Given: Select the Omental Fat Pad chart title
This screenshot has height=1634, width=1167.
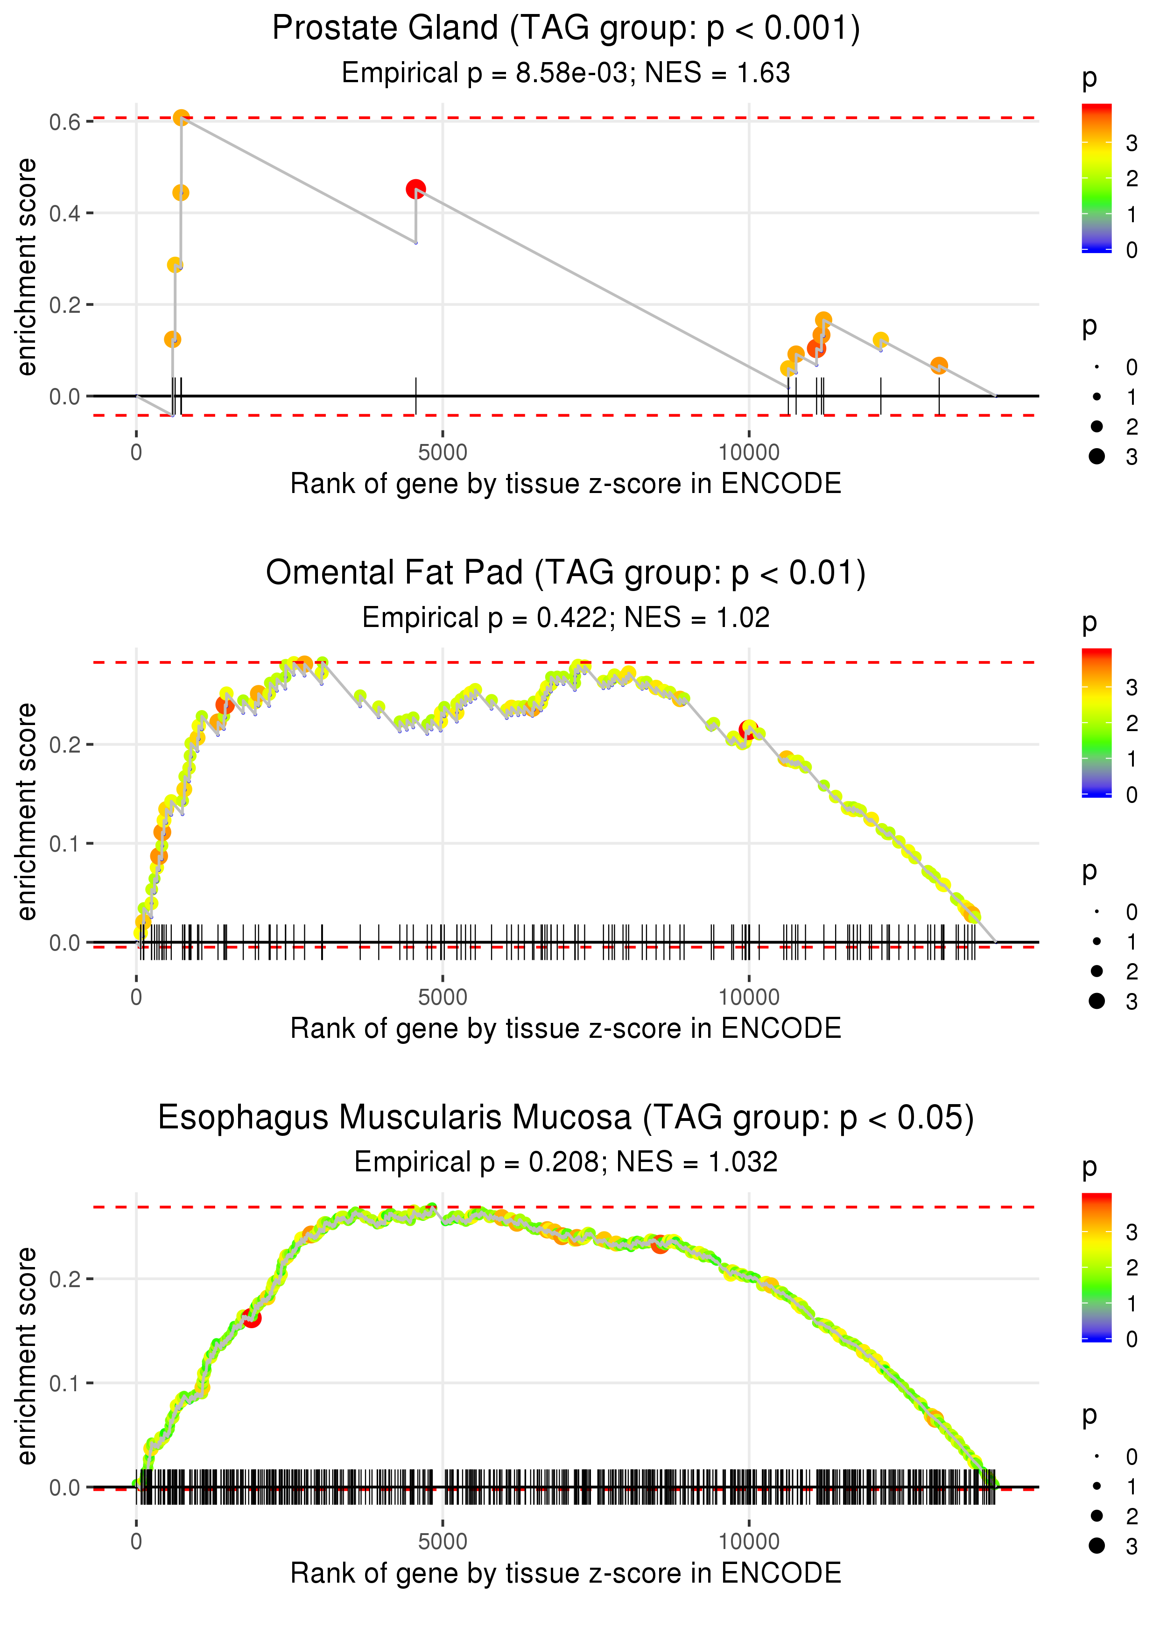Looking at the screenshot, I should pos(566,573).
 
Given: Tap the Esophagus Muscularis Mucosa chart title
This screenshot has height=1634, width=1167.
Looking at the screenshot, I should pos(566,1117).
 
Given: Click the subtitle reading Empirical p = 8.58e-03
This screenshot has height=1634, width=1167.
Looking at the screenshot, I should pos(566,73).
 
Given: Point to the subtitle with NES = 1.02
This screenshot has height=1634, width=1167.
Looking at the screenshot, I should pos(566,618).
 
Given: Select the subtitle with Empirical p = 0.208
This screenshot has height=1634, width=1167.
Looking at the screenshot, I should pos(566,1162).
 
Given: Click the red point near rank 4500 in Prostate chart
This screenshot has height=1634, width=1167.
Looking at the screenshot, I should pos(415,189).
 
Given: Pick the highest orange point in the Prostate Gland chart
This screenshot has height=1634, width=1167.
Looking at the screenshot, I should pos(181,117).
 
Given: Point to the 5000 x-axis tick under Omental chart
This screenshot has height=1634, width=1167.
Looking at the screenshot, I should pos(443,997).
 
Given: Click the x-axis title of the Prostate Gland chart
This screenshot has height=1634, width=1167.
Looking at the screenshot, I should pos(566,484).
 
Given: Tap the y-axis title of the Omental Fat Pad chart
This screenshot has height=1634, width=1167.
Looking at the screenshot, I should pos(27,811).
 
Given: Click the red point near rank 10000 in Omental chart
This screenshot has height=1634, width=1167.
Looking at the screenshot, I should pos(747,731).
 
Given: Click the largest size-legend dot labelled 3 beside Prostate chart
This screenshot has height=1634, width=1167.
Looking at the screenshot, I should pos(1097,456).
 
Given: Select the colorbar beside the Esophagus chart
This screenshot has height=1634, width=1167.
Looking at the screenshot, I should pos(1096,1267).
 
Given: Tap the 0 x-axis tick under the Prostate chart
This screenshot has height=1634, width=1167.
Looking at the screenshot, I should pos(136,453).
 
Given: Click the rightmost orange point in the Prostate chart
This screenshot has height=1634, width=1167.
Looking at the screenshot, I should pos(938,366).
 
